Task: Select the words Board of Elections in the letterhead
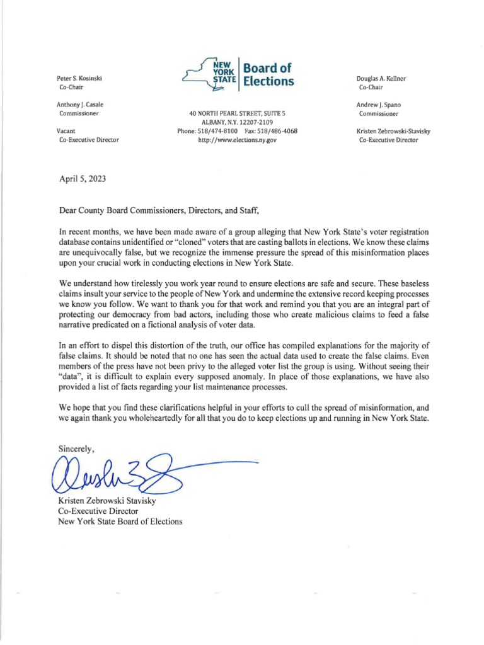click(268, 75)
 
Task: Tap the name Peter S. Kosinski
click(79, 77)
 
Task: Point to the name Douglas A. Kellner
click(381, 77)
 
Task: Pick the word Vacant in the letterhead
click(67, 131)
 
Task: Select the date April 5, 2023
click(82, 178)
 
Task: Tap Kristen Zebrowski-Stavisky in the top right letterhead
click(393, 131)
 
